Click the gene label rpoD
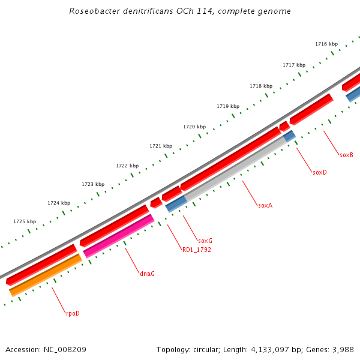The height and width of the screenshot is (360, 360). [x=73, y=313]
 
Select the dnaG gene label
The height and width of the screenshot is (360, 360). [x=147, y=274]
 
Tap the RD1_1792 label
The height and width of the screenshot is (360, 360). [x=197, y=250]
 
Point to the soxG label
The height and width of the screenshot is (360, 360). [x=205, y=241]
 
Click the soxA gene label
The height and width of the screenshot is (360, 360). [x=265, y=205]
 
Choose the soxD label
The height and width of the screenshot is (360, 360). [x=320, y=172]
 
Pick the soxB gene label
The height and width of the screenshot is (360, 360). [x=346, y=155]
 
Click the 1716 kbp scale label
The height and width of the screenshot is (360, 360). [x=326, y=44]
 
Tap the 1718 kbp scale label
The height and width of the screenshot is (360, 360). [x=261, y=86]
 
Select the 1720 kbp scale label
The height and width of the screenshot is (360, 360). [x=194, y=127]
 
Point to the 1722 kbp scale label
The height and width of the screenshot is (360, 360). [x=127, y=166]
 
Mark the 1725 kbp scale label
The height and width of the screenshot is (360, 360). [x=25, y=221]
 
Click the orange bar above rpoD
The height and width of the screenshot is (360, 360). [x=46, y=275]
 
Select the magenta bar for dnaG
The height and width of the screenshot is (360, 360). [x=119, y=236]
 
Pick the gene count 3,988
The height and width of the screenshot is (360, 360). [x=343, y=349]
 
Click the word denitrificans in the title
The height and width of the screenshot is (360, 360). [x=130, y=11]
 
